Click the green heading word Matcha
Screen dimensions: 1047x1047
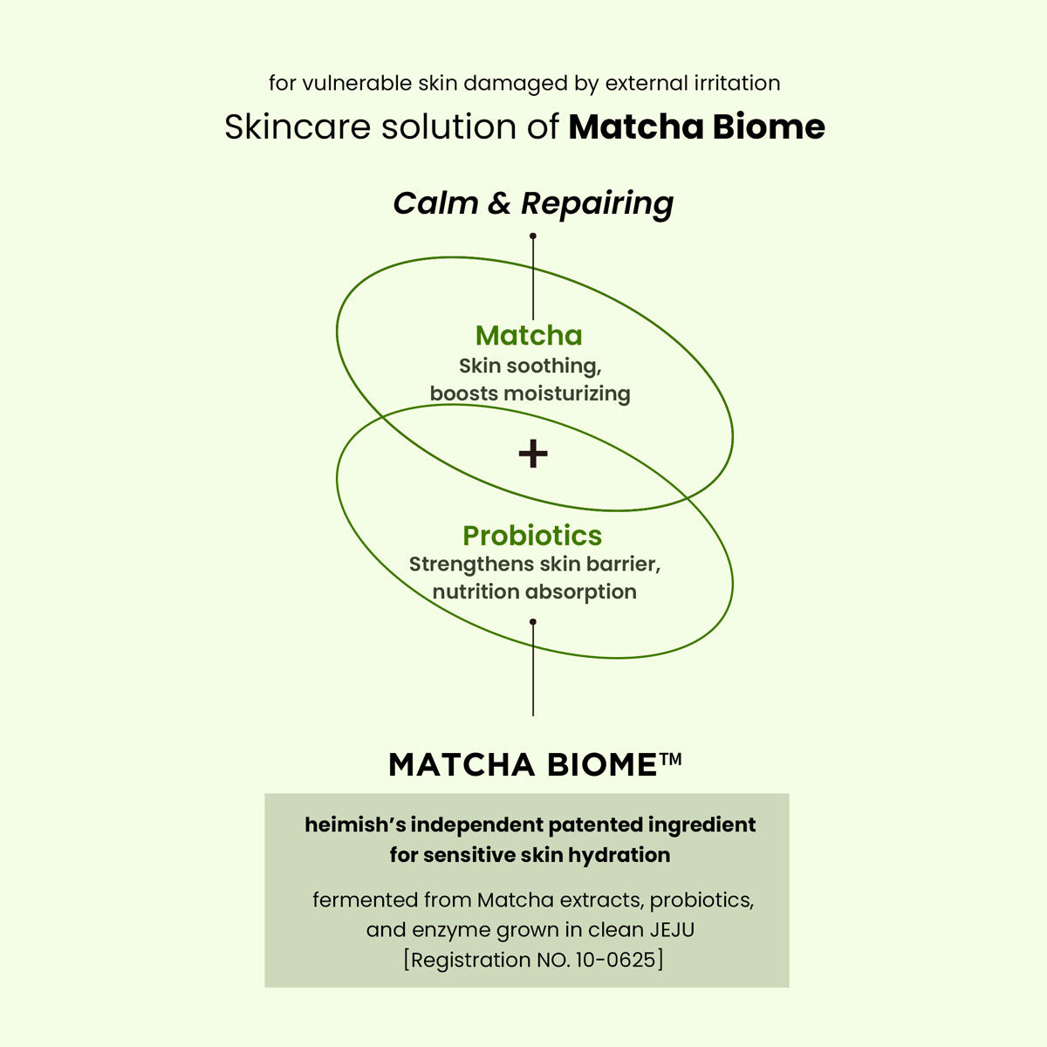click(x=529, y=336)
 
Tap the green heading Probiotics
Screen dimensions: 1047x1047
click(x=532, y=536)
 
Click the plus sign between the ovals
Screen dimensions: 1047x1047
click(x=533, y=454)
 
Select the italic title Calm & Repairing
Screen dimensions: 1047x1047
click(x=533, y=203)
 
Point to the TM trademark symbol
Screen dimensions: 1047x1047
click(x=671, y=759)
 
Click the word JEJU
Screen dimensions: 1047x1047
click(x=672, y=930)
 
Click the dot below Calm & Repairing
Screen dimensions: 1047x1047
click(x=533, y=236)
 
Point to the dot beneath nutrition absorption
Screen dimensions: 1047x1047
click(x=533, y=622)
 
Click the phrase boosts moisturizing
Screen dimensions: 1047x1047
click(x=530, y=393)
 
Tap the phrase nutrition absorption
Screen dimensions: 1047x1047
click(x=534, y=592)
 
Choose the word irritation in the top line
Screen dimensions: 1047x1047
click(x=737, y=84)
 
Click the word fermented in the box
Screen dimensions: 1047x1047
click(x=366, y=900)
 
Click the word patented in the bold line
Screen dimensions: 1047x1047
click(x=597, y=825)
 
